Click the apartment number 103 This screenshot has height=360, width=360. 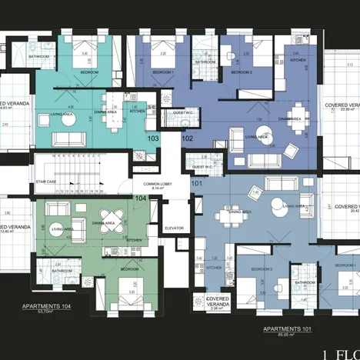click(152, 138)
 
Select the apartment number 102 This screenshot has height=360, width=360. click(188, 138)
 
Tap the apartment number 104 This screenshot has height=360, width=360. click(141, 198)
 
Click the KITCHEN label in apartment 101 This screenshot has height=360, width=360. click(214, 268)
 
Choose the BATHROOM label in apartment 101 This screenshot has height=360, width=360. click(303, 282)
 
